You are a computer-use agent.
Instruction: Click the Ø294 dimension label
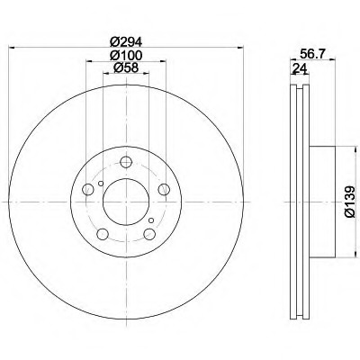[125, 41]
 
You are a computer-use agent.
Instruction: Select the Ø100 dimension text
[125, 55]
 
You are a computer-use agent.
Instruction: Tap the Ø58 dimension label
[125, 68]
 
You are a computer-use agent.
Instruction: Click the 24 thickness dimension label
[300, 69]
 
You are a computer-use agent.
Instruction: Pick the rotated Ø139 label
[350, 202]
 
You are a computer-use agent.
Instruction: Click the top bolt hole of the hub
[126, 162]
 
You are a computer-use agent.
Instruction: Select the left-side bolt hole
[88, 189]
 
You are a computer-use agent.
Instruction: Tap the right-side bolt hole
[164, 189]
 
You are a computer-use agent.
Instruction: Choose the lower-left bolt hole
[103, 234]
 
